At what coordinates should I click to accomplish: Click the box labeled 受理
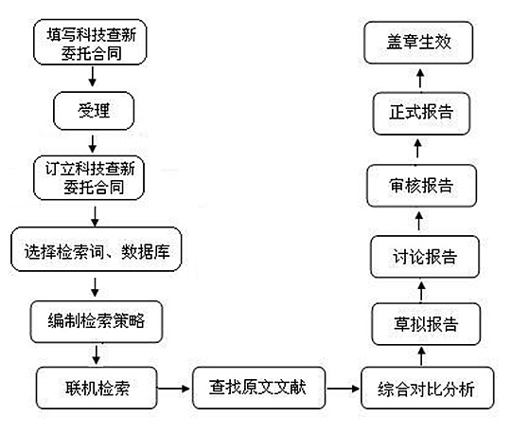tap(94, 111)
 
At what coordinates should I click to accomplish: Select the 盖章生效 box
tap(418, 43)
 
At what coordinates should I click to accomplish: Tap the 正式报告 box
tap(421, 113)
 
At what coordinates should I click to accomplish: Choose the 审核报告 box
tap(421, 186)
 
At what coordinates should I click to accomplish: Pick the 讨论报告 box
tap(425, 257)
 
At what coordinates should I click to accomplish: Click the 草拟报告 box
tap(426, 324)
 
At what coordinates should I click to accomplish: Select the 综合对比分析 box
tap(428, 388)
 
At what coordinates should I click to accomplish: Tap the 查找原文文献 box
tap(259, 388)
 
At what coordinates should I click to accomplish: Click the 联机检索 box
tap(97, 388)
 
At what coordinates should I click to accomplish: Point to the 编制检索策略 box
tap(97, 322)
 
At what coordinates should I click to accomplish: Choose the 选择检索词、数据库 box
tap(97, 249)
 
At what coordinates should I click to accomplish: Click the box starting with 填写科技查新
tap(90, 42)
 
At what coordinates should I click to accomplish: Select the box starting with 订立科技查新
tap(89, 178)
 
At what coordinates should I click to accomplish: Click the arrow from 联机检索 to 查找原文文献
tap(173, 389)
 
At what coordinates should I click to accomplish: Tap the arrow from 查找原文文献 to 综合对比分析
tap(343, 389)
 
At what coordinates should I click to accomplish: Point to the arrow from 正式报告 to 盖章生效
tap(421, 78)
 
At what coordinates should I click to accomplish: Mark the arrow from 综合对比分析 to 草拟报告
tap(421, 356)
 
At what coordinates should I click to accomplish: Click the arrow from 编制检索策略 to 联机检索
tap(96, 354)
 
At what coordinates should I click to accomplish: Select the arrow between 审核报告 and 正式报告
tap(418, 149)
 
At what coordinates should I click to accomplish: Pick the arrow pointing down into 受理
tap(93, 77)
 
